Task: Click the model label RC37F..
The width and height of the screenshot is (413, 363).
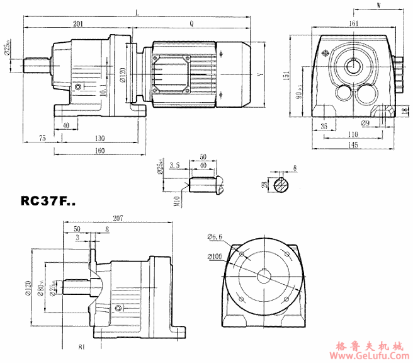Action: click(x=48, y=202)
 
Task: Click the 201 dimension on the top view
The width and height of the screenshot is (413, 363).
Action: click(x=79, y=23)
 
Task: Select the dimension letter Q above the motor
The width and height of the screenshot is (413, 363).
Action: click(x=191, y=23)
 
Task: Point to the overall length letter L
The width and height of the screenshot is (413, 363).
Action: click(x=137, y=11)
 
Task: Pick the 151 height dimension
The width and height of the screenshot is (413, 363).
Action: click(x=286, y=76)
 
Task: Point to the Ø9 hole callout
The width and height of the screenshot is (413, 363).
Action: click(x=365, y=124)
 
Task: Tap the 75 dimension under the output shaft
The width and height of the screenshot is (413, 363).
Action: click(x=42, y=137)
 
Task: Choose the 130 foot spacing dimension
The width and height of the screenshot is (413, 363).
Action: click(x=100, y=137)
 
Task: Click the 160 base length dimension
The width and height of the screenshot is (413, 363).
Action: click(x=100, y=151)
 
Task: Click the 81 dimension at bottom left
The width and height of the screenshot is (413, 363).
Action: click(x=82, y=347)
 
